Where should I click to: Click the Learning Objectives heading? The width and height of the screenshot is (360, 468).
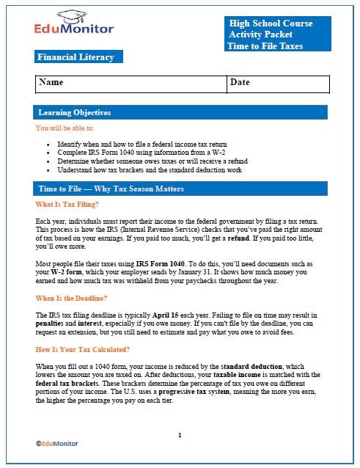pos(75,113)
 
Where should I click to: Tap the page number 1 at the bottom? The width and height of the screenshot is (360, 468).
pos(179,435)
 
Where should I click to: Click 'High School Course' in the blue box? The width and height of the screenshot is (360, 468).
pos(270,23)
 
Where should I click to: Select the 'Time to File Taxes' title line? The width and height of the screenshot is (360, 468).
pos(265,46)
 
